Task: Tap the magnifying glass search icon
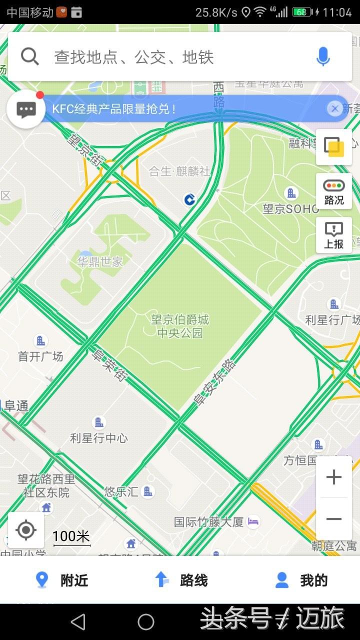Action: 30,57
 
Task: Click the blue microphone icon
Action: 323,57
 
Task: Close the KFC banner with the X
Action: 334,108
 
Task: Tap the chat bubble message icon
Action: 26,109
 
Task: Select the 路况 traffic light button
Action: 334,192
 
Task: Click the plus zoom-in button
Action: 333,477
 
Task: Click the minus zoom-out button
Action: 333,519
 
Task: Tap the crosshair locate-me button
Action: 26,530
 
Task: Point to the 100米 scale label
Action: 71,536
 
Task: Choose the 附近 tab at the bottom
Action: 62,580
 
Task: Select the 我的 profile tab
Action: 301,580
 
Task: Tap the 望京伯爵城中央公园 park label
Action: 180,326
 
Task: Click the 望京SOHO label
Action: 291,208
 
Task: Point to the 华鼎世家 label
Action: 100,261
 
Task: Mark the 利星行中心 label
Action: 99,438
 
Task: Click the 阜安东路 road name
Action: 215,382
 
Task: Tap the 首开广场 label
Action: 40,356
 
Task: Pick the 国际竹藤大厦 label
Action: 209,522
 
